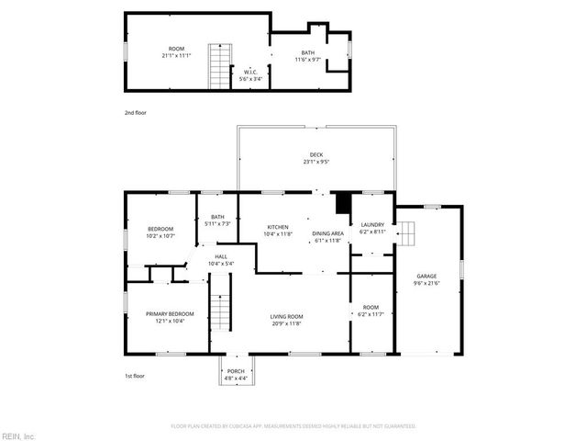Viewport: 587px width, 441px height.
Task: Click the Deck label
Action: click(x=316, y=154)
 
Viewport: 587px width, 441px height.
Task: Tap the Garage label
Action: click(x=426, y=276)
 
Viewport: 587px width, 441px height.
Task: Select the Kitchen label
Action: click(x=278, y=227)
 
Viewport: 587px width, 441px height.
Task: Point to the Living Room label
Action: click(x=287, y=316)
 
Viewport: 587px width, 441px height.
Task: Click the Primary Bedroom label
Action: click(x=170, y=314)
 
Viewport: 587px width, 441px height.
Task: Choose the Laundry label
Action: click(x=372, y=225)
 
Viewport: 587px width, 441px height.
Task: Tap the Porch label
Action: click(x=237, y=372)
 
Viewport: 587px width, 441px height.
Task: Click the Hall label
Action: click(x=221, y=256)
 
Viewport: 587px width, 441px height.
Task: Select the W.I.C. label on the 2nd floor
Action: click(x=249, y=72)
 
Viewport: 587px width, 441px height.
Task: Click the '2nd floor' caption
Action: click(x=135, y=112)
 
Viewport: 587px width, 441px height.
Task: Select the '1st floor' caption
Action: click(x=135, y=376)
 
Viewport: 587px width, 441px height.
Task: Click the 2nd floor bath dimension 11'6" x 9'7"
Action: click(x=307, y=60)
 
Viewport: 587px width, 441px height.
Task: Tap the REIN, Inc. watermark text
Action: click(x=17, y=435)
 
